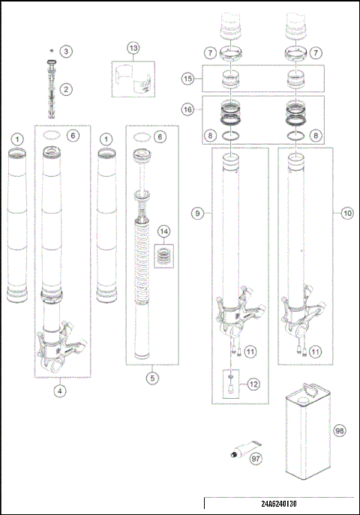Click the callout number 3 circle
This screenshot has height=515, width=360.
tap(67, 51)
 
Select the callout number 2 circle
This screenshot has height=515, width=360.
tap(67, 89)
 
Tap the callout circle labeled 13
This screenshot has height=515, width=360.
tap(133, 49)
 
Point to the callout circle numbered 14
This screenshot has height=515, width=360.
tap(163, 232)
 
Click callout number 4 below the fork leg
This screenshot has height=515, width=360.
tap(59, 390)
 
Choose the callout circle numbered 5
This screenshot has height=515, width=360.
tap(152, 378)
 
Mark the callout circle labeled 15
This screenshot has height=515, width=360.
tap(189, 78)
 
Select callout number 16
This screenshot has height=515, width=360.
tap(189, 109)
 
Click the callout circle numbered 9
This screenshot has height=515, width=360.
tap(197, 214)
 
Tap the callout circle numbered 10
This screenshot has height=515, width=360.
tap(346, 214)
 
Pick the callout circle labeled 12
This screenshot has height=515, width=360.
tap(253, 384)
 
